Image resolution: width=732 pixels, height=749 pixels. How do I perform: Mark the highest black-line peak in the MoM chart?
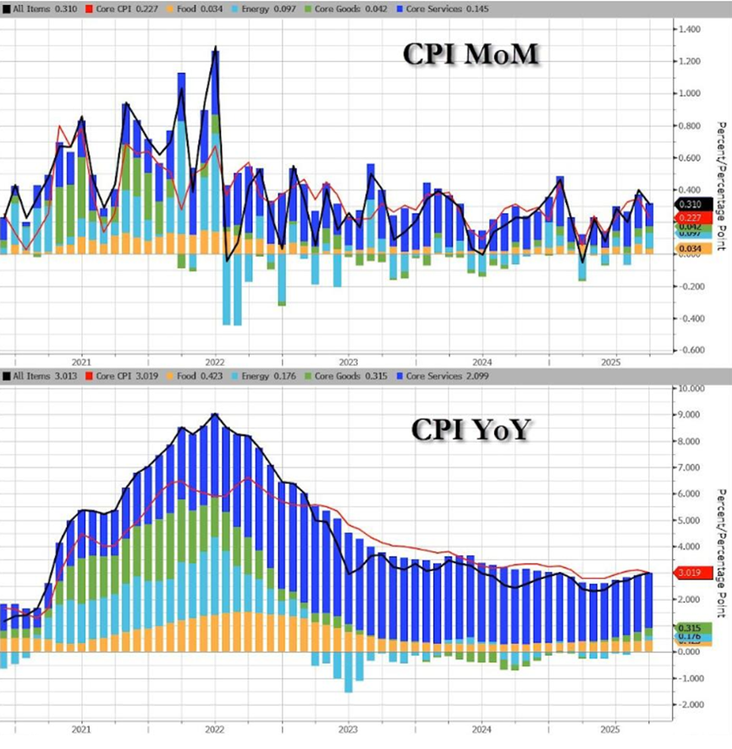tap(217, 47)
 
